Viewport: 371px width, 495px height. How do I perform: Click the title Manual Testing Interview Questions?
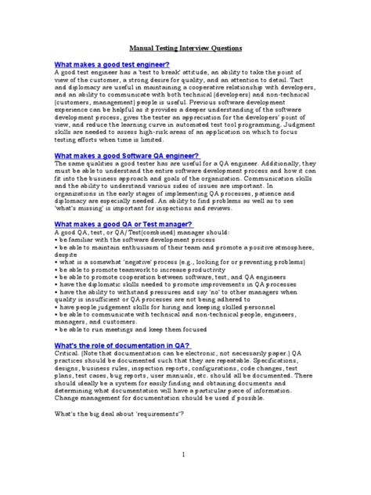click(x=185, y=48)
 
